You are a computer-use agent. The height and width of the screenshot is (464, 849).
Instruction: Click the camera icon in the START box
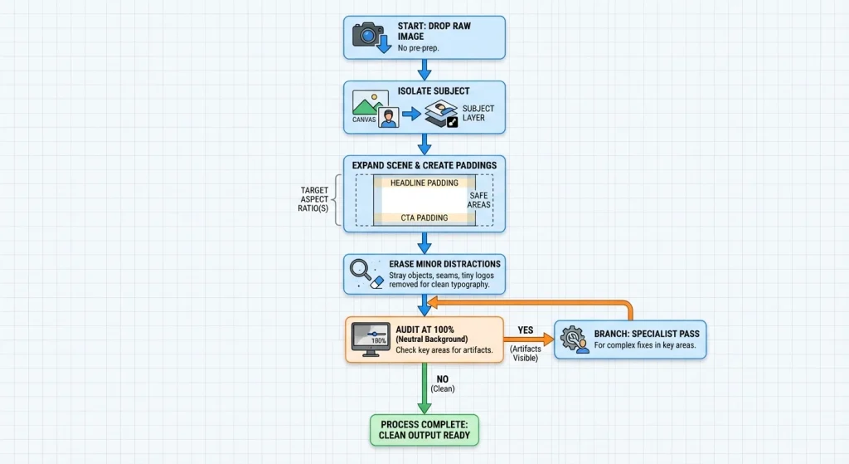click(x=368, y=35)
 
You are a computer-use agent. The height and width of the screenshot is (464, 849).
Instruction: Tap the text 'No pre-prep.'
click(x=418, y=48)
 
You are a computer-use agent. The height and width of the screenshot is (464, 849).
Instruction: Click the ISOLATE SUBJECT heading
click(x=433, y=91)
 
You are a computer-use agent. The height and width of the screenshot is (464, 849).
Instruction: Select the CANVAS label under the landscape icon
click(x=364, y=120)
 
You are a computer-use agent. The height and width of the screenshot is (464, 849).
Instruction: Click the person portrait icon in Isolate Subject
click(x=388, y=118)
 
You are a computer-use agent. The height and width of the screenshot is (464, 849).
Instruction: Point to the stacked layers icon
click(x=441, y=114)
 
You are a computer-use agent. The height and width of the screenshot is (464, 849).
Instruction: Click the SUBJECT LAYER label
click(x=478, y=113)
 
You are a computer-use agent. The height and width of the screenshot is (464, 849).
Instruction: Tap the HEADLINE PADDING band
click(x=424, y=183)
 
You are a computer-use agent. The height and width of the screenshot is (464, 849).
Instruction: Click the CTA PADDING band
click(x=424, y=218)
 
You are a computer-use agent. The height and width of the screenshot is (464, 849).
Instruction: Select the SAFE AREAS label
click(x=478, y=200)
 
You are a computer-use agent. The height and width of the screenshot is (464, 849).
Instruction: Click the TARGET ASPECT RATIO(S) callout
click(x=313, y=199)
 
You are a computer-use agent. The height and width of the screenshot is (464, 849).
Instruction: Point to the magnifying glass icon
click(x=361, y=270)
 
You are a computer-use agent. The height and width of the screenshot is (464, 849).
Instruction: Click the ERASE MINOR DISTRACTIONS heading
click(x=444, y=264)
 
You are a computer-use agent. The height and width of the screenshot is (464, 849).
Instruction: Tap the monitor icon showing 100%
click(x=371, y=339)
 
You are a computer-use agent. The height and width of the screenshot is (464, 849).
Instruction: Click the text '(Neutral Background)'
click(x=431, y=339)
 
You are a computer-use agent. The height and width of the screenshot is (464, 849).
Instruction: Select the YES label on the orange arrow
click(x=525, y=330)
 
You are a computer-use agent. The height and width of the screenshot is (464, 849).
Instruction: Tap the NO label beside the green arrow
click(x=443, y=379)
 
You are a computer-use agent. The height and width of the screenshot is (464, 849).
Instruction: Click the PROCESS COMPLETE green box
click(x=424, y=431)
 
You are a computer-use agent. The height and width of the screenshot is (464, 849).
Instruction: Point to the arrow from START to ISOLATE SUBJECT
click(x=424, y=70)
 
